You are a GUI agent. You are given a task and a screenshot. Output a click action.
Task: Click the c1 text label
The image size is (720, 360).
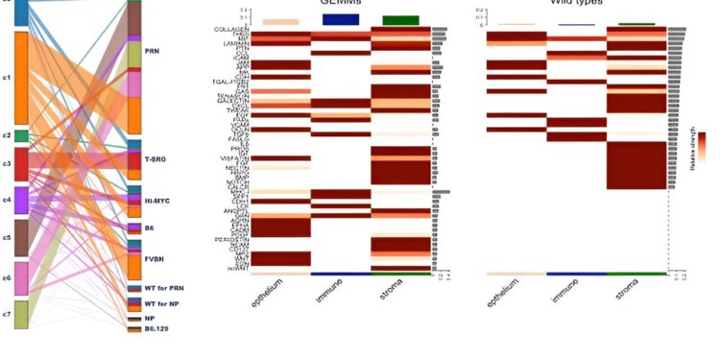pyautogui.click(x=6, y=78)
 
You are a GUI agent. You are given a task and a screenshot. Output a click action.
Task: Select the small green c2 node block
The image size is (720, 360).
pyautogui.click(x=21, y=136)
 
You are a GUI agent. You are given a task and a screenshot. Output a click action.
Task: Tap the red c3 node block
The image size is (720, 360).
pyautogui.click(x=21, y=164)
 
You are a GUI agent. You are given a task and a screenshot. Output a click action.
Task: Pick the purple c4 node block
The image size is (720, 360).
pyautogui.click(x=21, y=200)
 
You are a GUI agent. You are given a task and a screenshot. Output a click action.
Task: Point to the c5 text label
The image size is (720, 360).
pyautogui.click(x=6, y=236)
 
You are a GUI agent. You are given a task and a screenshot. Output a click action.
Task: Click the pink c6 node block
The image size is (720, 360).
pyautogui.click(x=21, y=278)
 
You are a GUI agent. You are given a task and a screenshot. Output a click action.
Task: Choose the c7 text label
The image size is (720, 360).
pyautogui.click(x=6, y=314)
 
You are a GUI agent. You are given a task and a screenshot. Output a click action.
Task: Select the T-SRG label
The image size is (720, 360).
pyautogui.click(x=156, y=157)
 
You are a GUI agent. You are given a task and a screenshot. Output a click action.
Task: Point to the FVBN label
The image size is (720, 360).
pyautogui.click(x=154, y=258)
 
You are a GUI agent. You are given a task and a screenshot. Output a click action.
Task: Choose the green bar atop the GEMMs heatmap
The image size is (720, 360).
pyautogui.click(x=399, y=20)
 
